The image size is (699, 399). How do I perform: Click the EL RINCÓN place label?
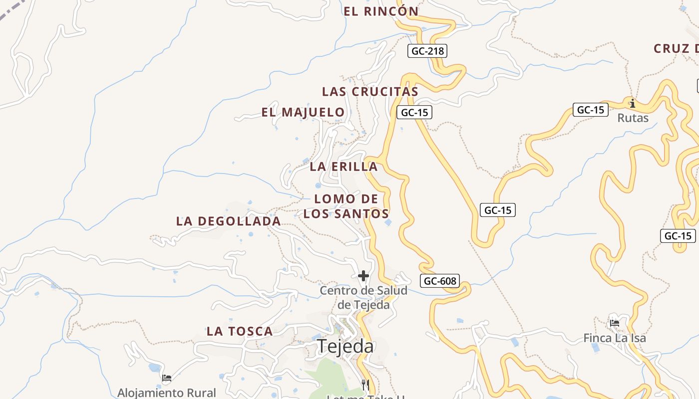(381, 11)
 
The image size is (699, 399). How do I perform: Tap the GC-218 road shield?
(427, 51)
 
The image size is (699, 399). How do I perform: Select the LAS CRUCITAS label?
(370, 92)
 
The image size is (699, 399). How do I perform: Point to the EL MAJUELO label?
(303, 112)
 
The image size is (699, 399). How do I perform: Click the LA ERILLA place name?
(344, 167)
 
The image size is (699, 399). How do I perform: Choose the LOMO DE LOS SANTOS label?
(346, 206)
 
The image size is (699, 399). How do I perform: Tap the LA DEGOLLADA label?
(228, 221)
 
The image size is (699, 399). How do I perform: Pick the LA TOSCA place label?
(240, 331)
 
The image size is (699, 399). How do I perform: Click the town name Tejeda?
(345, 346)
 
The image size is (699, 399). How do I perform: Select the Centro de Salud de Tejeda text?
(363, 297)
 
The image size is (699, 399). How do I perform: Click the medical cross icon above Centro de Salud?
(363, 275)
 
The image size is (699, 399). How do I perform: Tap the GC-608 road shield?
(440, 281)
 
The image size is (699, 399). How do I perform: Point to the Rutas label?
(633, 118)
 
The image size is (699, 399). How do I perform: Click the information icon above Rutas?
(633, 103)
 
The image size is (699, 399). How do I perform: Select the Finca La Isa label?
(615, 338)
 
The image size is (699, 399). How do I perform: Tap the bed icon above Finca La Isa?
(615, 323)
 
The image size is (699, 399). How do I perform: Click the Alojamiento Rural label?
(167, 393)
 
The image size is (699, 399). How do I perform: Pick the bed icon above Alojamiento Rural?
(167, 378)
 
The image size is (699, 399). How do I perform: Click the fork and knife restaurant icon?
(365, 385)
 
